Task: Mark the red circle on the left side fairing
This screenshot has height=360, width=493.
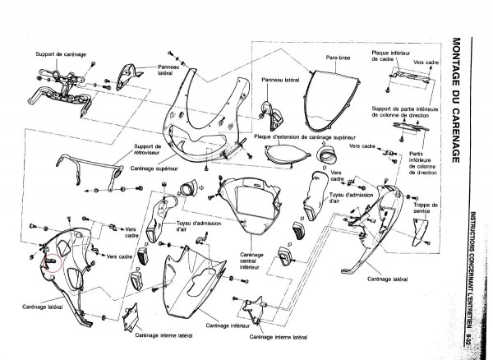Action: pyautogui.click(x=51, y=261)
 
